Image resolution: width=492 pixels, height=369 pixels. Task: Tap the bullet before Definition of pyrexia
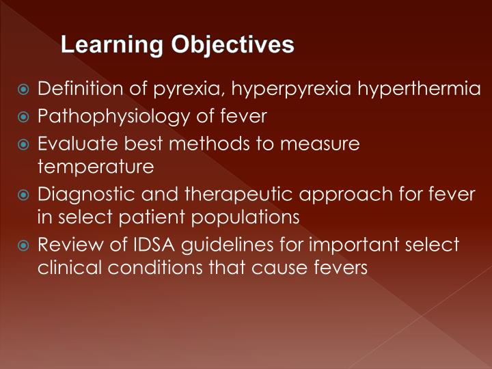(23, 90)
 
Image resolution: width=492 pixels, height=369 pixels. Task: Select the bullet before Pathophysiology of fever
(23, 117)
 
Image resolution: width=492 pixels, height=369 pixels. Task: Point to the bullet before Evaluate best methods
(23, 144)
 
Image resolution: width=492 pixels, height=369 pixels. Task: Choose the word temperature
(96, 166)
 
